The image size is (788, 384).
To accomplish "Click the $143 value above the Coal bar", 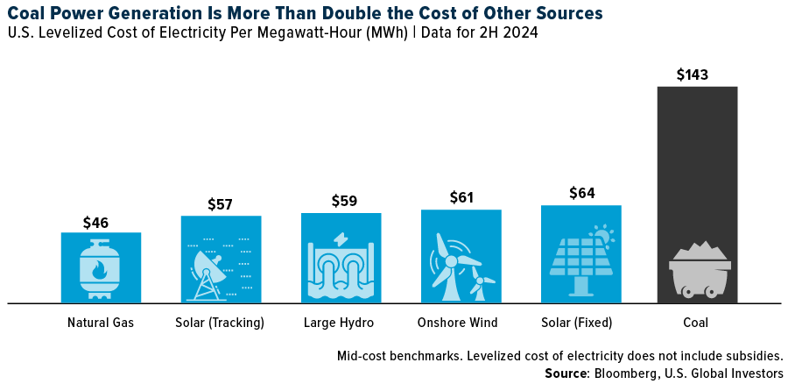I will [697, 75].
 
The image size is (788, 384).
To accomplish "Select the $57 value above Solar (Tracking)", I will [221, 204].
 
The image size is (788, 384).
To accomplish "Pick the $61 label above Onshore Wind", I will [461, 198].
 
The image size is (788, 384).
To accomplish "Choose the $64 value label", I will [581, 194].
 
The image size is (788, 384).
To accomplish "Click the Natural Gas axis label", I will [101, 323].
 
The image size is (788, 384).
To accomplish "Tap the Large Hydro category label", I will [341, 323].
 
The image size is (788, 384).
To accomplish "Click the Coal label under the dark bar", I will [697, 323].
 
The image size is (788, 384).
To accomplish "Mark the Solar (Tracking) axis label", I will [221, 323].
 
